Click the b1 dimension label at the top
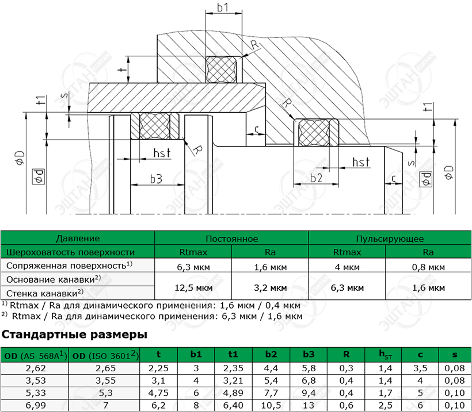pos(223,8)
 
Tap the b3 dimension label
pos(156,179)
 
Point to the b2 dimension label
pos(316,178)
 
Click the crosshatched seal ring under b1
pos(220,70)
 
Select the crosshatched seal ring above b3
pos(155,126)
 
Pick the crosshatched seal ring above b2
pos(314,133)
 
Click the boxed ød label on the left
pos(39,176)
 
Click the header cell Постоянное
pos(231,238)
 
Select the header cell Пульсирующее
pos(390,238)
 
